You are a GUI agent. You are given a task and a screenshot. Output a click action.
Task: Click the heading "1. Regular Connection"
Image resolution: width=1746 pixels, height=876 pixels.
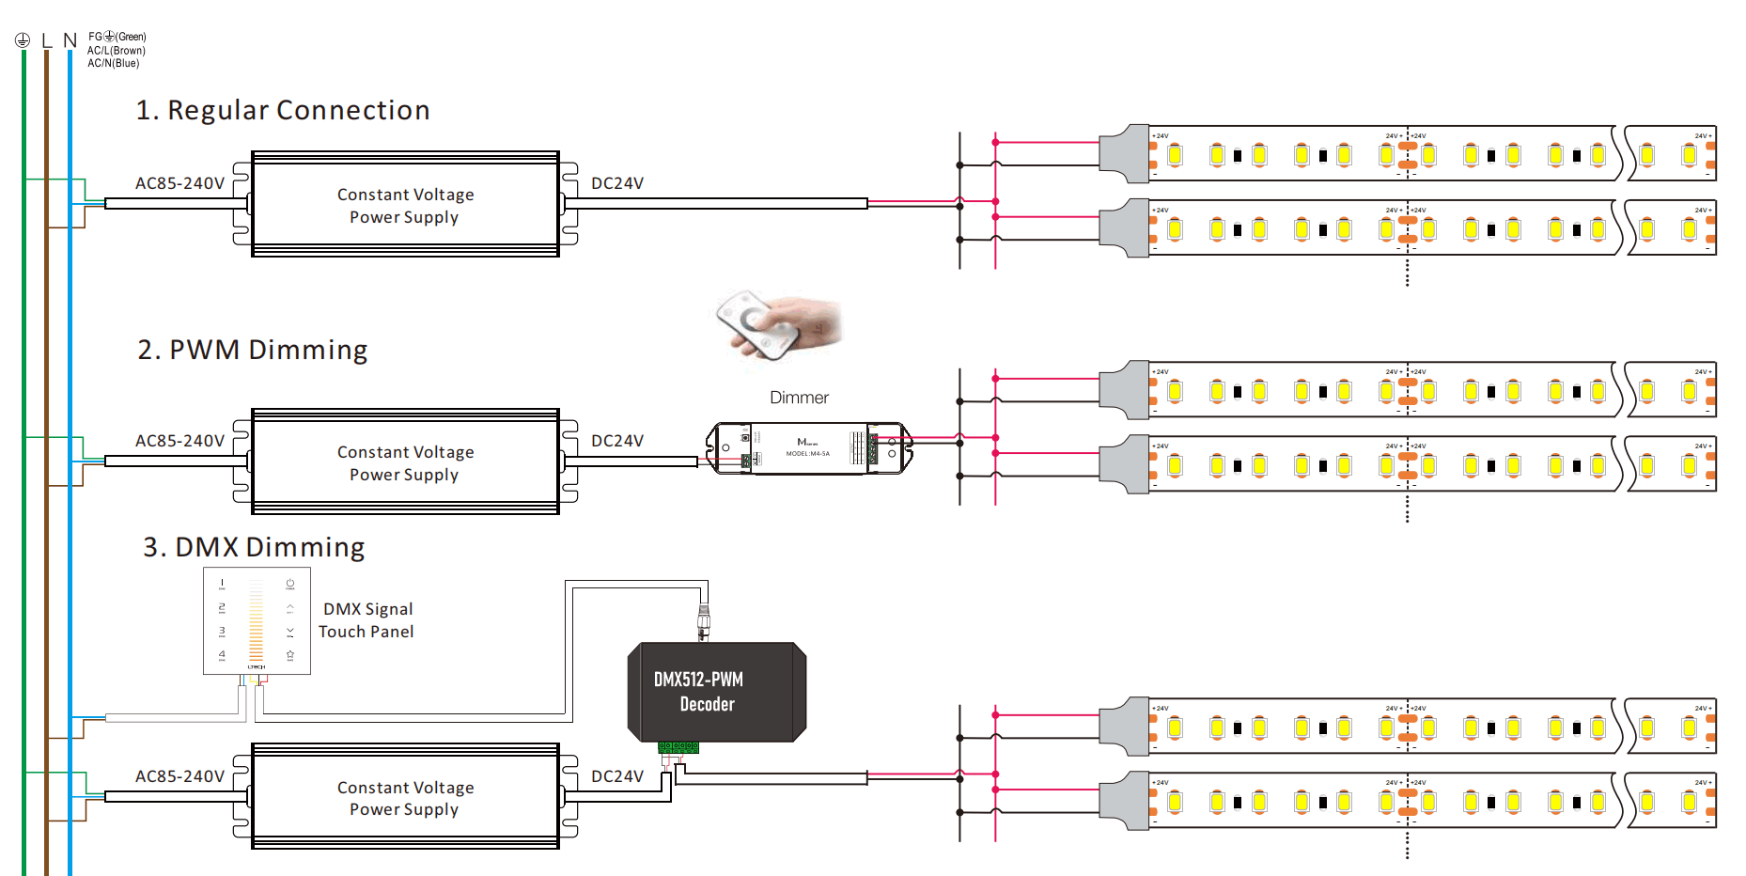point(282,111)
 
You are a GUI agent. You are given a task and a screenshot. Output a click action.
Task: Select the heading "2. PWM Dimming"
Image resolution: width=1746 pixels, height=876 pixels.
point(252,351)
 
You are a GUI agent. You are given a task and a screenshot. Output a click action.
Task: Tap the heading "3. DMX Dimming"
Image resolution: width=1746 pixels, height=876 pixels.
point(254,548)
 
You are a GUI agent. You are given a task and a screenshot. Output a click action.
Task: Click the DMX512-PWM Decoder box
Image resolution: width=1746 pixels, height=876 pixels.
point(716,692)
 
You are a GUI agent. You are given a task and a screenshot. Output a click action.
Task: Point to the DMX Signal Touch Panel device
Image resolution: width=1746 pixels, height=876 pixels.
point(257,620)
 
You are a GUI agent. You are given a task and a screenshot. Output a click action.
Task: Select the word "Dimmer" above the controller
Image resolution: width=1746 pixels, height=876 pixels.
point(799,399)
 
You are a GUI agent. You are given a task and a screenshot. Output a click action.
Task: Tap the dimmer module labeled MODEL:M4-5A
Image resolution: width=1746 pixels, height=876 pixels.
point(808,448)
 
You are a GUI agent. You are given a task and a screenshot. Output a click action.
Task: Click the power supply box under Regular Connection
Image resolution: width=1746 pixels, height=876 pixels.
point(405,205)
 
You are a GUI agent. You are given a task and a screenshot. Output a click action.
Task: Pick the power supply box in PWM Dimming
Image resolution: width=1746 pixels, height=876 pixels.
point(405,462)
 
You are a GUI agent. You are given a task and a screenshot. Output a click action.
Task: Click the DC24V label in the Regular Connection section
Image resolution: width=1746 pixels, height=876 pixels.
point(617,184)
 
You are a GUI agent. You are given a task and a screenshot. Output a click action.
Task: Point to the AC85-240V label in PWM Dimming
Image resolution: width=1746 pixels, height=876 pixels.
point(179,442)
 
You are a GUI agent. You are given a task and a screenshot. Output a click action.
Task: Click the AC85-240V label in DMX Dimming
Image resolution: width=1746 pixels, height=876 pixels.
point(179,777)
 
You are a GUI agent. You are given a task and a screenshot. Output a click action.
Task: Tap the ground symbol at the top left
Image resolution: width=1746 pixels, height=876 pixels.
point(23,40)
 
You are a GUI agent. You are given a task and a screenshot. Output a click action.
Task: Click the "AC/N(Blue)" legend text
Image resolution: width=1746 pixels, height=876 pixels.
point(114,64)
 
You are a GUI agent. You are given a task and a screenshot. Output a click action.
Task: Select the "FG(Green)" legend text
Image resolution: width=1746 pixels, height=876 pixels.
point(117,38)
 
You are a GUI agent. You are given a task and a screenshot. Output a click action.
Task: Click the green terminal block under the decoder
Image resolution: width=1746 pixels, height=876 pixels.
point(678,747)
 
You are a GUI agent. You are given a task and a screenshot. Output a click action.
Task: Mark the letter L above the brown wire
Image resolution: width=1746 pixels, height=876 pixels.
point(47,41)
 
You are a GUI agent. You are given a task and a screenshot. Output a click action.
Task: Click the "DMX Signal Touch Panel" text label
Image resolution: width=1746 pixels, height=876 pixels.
point(366,620)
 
